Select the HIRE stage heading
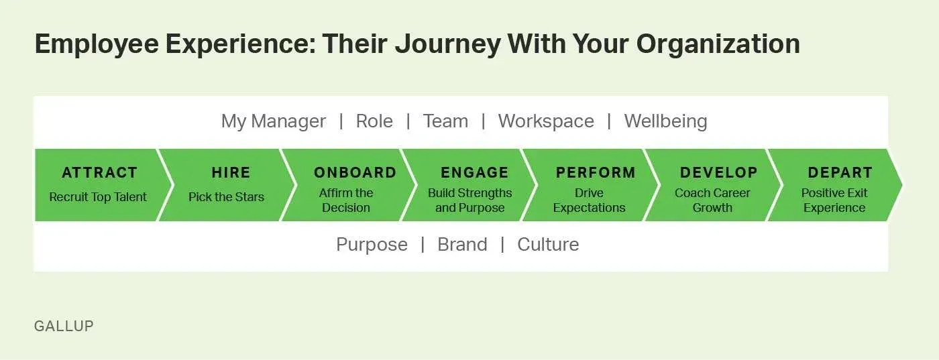pyautogui.click(x=231, y=173)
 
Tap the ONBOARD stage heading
pyautogui.click(x=355, y=173)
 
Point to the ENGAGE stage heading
pyautogui.click(x=474, y=173)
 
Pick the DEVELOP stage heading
pyautogui.click(x=718, y=173)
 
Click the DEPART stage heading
pyautogui.click(x=840, y=173)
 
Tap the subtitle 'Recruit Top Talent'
pyautogui.click(x=98, y=197)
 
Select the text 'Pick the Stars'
pyautogui.click(x=226, y=197)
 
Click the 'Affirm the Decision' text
pyautogui.click(x=346, y=200)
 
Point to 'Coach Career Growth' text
pyautogui.click(x=712, y=200)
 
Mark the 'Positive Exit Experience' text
pyautogui.click(x=834, y=200)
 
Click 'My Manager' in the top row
pyautogui.click(x=273, y=121)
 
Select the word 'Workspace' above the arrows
pyautogui.click(x=545, y=121)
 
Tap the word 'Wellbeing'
pyautogui.click(x=665, y=121)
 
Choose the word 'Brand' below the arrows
pyautogui.click(x=462, y=245)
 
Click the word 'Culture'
pyautogui.click(x=547, y=245)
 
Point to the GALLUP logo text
pyautogui.click(x=64, y=326)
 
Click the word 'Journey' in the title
pyautogui.click(x=447, y=44)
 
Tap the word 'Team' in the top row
pyautogui.click(x=445, y=121)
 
